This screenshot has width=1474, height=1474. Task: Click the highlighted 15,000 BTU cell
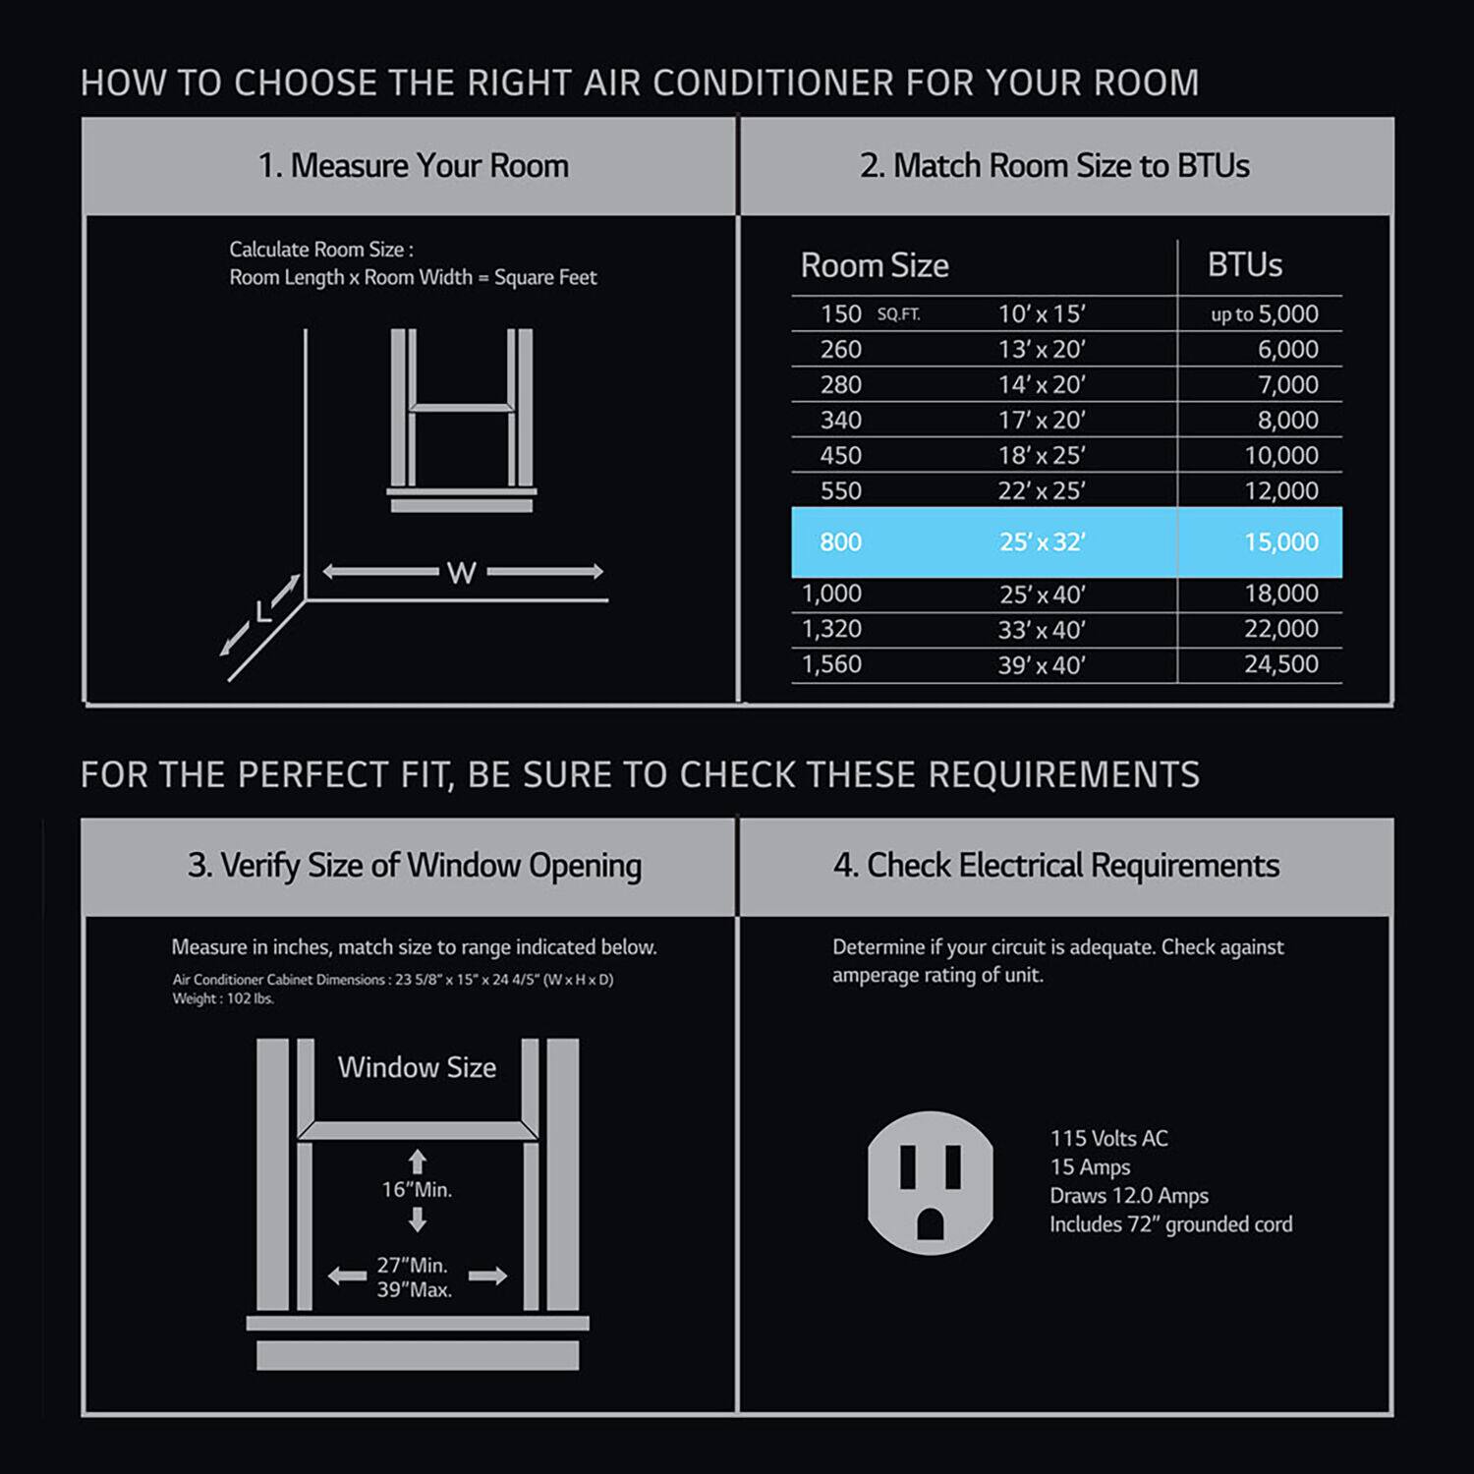point(1280,541)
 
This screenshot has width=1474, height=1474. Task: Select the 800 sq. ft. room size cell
point(840,541)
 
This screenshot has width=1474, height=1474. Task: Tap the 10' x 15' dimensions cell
point(1042,313)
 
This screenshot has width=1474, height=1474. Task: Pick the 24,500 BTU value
point(1280,664)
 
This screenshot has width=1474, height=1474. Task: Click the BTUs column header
point(1244,264)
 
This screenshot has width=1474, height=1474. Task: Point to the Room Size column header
point(875,265)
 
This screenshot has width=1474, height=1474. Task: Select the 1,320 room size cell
point(831,629)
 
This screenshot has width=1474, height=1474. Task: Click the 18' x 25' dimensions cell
point(1042,455)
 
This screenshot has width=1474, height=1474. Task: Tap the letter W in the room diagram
point(461,572)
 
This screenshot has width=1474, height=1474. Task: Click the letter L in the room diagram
point(262,613)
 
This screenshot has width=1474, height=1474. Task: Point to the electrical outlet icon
point(930,1182)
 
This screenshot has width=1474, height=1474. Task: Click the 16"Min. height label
point(417,1190)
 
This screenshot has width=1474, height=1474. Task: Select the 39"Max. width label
point(415,1289)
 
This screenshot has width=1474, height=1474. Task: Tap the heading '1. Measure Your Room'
point(413,166)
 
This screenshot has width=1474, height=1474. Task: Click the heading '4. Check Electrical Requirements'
point(1055,866)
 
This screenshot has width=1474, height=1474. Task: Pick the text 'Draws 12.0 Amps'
point(1129,1196)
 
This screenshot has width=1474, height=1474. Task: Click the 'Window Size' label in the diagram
point(417,1067)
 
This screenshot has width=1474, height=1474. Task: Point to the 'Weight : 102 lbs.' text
point(223,998)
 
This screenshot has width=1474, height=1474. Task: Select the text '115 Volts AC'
point(1108,1139)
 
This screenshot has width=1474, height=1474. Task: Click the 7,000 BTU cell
point(1287,384)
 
